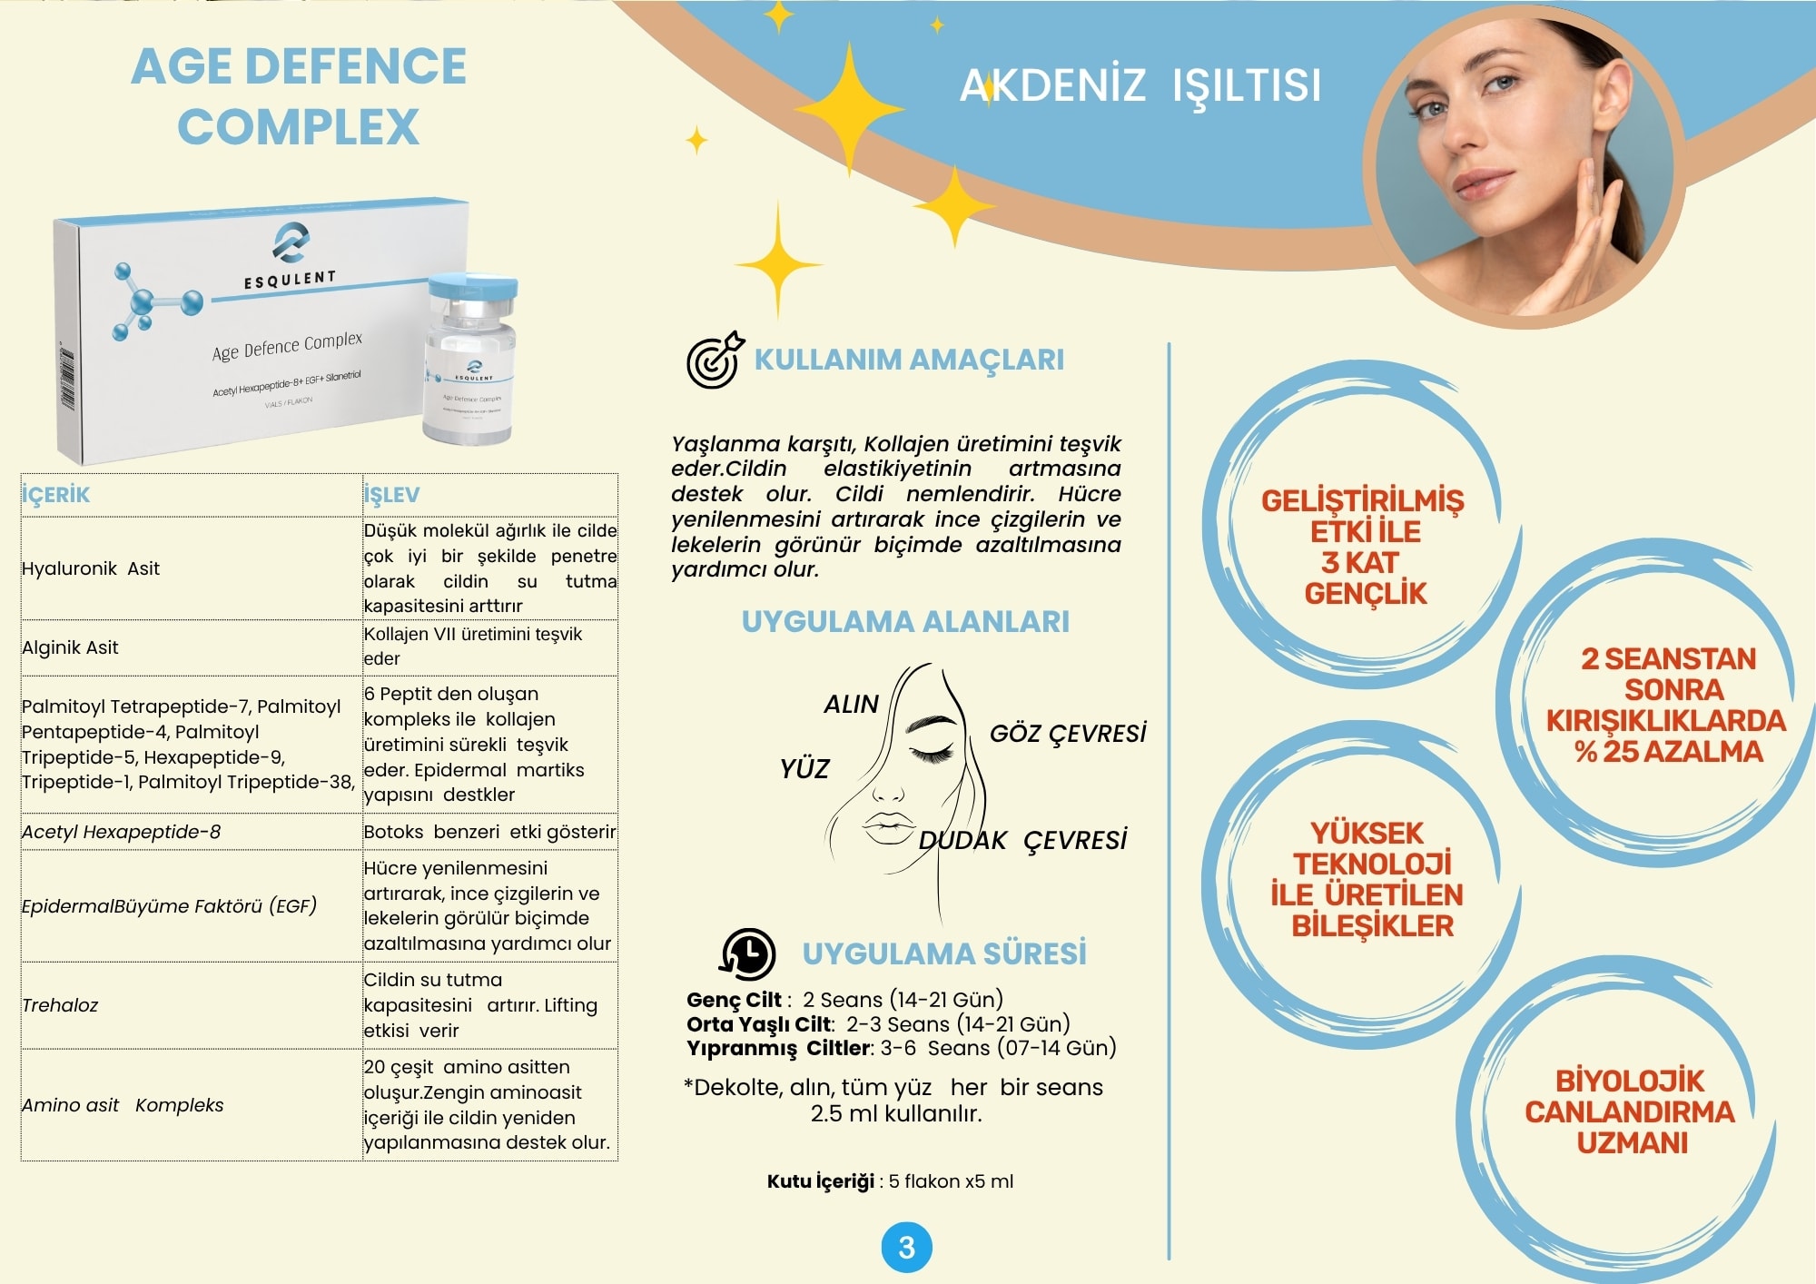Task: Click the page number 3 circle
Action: click(906, 1248)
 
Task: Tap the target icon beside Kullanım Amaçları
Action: click(715, 361)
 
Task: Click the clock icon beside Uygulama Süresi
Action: click(747, 953)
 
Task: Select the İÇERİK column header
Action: click(55, 495)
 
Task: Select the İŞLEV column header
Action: click(391, 495)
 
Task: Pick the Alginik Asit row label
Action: click(70, 647)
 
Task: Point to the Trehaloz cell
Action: click(60, 1005)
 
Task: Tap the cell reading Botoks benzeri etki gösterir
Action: click(489, 832)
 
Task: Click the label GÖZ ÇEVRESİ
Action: click(1068, 734)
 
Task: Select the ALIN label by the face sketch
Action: click(851, 705)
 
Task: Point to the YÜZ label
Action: click(804, 769)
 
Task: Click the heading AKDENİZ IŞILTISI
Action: click(1140, 85)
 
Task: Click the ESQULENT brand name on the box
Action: click(290, 280)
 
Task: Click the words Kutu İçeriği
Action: click(821, 1181)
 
